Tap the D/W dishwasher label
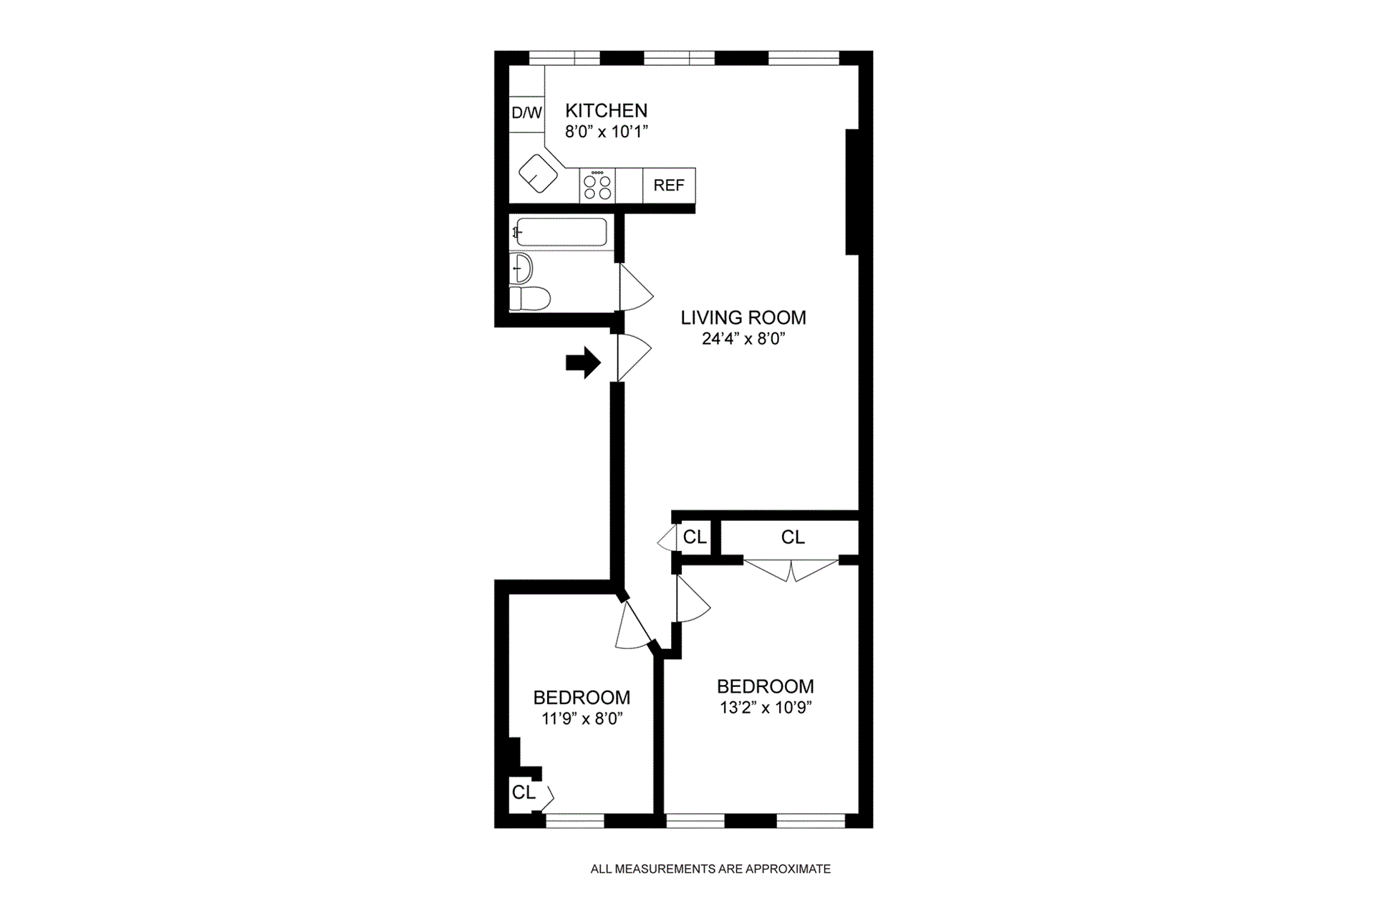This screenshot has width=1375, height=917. pyautogui.click(x=526, y=112)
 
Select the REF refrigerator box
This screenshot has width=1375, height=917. pyautogui.click(x=669, y=186)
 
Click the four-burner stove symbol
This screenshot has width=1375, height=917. pyautogui.click(x=597, y=186)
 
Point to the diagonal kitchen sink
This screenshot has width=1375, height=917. pyautogui.click(x=538, y=174)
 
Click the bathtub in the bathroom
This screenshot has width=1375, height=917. pyautogui.click(x=561, y=232)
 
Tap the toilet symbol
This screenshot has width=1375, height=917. pyautogui.click(x=530, y=298)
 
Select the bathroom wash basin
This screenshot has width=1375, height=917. pyautogui.click(x=522, y=269)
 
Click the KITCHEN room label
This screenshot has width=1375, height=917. pyautogui.click(x=606, y=110)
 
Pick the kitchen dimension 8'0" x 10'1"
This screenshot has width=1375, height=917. pyautogui.click(x=606, y=132)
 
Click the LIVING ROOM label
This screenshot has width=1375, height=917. pyautogui.click(x=743, y=317)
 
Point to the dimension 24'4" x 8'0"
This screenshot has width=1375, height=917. pyautogui.click(x=743, y=339)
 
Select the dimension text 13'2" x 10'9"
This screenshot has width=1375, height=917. pyautogui.click(x=765, y=708)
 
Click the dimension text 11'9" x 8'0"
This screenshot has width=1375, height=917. pyautogui.click(x=582, y=719)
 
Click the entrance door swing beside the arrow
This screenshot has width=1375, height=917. pyautogui.click(x=633, y=357)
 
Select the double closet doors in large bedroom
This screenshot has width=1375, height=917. pyautogui.click(x=791, y=570)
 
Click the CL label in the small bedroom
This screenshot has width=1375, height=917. pyautogui.click(x=523, y=792)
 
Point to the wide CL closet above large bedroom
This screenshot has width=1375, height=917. pyautogui.click(x=792, y=537)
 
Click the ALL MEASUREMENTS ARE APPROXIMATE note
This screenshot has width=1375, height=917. pyautogui.click(x=710, y=869)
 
